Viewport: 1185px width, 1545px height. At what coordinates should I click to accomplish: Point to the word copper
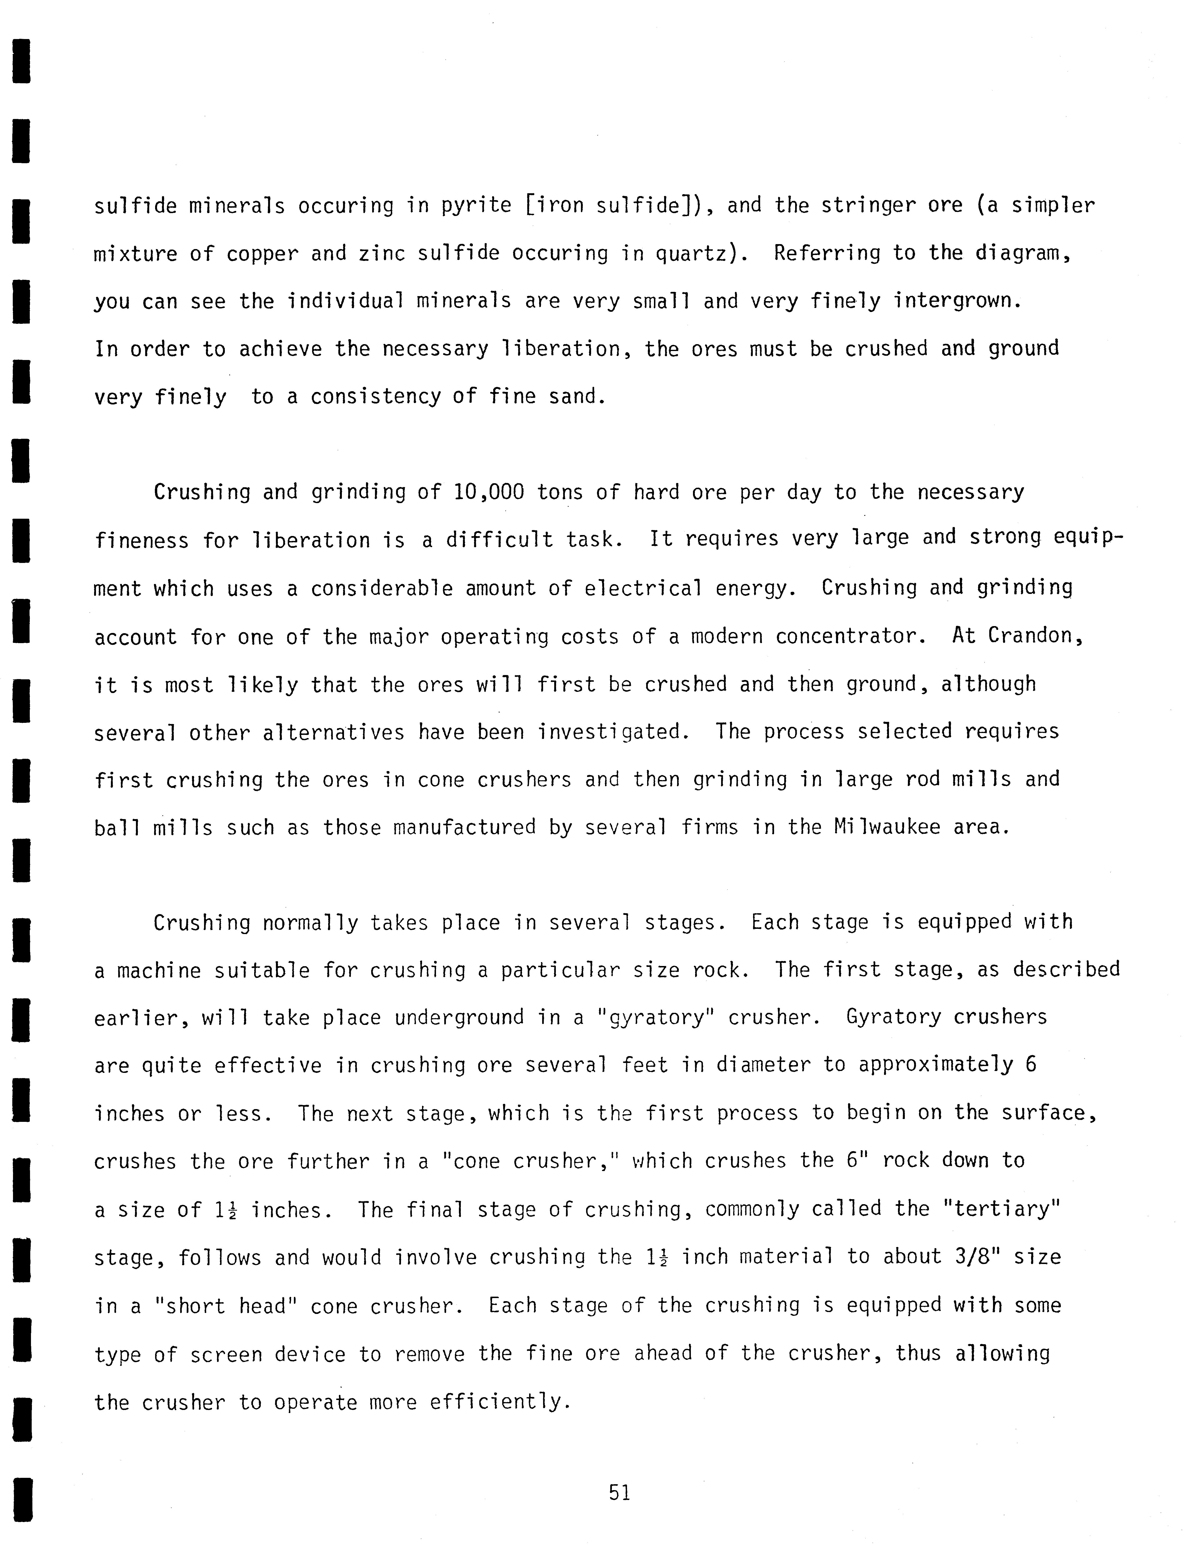click(x=262, y=254)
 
